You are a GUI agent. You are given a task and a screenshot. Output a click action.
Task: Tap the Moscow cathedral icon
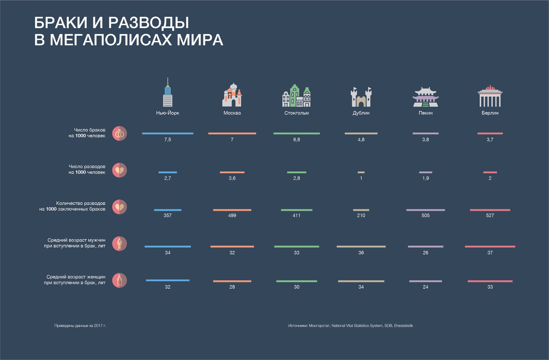tap(232, 95)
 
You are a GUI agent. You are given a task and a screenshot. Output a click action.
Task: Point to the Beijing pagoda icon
tap(425, 97)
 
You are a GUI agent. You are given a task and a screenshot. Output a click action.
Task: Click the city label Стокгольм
tap(297, 113)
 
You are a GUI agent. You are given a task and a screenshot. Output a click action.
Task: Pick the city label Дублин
tap(361, 113)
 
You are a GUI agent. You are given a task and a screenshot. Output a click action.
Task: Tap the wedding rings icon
tap(119, 133)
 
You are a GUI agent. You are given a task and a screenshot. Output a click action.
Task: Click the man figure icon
tap(119, 244)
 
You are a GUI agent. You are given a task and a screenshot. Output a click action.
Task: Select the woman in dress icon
tap(119, 280)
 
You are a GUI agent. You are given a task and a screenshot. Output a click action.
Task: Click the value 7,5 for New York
tap(167, 140)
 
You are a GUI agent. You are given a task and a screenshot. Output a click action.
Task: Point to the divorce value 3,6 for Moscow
tap(232, 178)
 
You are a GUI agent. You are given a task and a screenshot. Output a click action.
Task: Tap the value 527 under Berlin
tap(490, 215)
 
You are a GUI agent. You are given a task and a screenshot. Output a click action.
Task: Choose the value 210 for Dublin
tap(361, 215)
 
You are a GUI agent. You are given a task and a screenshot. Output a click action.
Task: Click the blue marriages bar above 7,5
tap(167, 133)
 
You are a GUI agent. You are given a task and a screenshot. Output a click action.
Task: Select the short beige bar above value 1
tap(361, 172)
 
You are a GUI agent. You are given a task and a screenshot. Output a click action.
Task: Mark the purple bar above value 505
tap(425, 210)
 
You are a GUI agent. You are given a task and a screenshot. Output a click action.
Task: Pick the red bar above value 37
tap(490, 247)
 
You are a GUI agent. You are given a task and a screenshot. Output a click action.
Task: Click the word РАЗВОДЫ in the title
tap(149, 23)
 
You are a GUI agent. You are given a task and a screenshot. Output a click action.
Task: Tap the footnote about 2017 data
tap(80, 326)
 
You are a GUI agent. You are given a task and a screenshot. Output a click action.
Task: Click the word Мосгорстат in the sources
tap(319, 326)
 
